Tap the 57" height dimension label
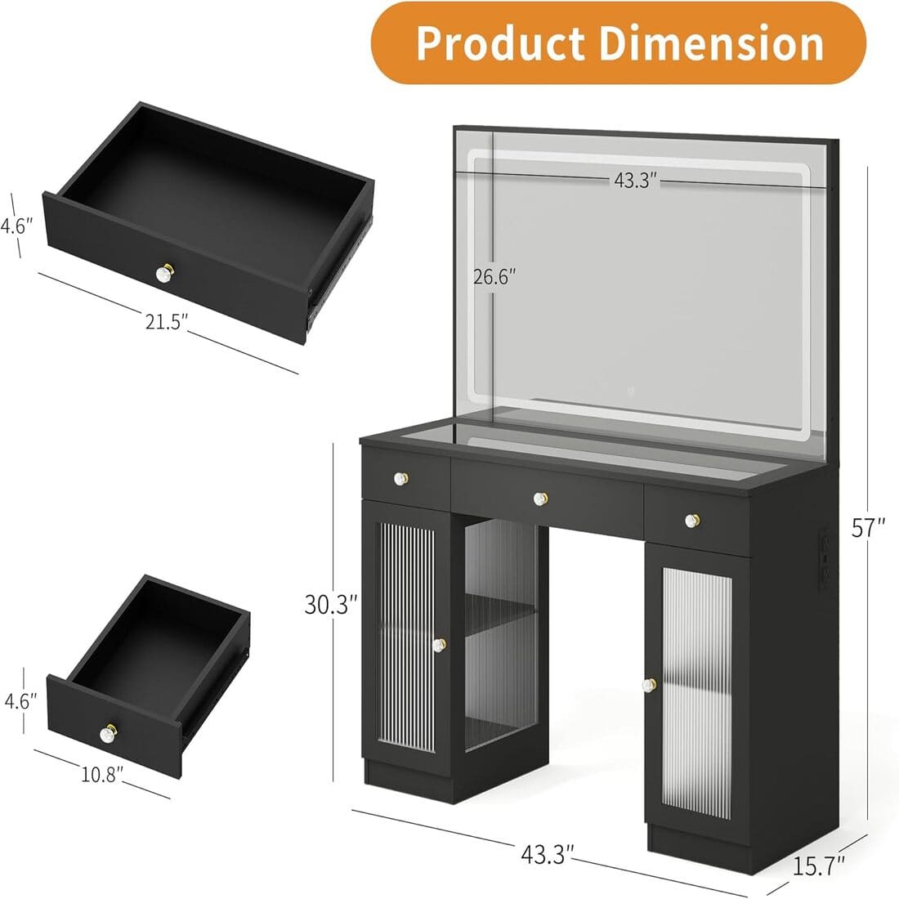[x=869, y=529]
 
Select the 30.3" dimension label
[x=331, y=606]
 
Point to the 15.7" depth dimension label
[x=818, y=861]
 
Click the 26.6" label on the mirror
[x=495, y=276]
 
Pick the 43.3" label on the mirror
[x=636, y=181]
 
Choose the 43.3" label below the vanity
[x=548, y=854]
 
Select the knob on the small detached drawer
[x=110, y=730]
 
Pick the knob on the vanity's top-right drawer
[x=691, y=520]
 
